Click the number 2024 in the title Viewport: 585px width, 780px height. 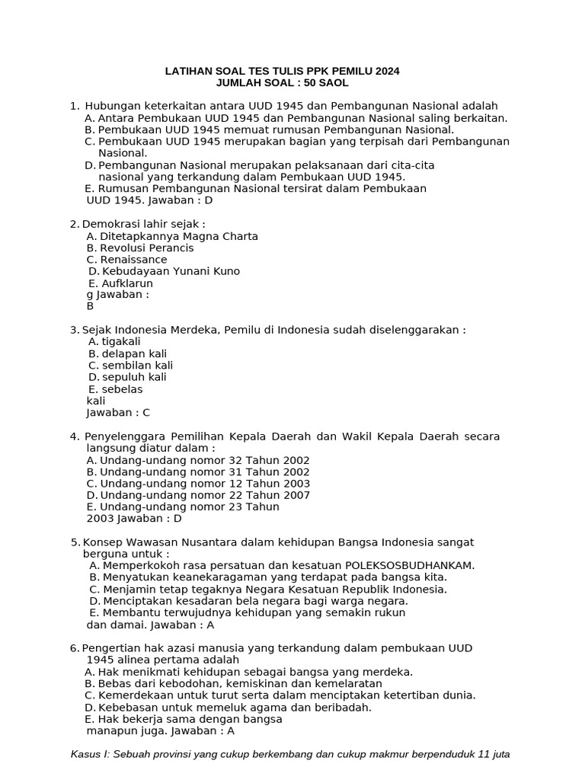click(385, 71)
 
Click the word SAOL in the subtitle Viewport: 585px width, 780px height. click(334, 82)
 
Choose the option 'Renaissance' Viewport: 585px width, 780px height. click(134, 260)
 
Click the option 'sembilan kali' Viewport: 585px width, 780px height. click(138, 366)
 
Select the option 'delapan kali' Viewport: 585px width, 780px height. click(134, 353)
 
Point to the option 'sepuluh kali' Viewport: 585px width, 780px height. click(134, 377)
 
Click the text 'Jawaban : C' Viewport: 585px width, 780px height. click(118, 413)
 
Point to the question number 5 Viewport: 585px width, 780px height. click(75, 542)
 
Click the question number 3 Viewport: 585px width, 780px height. click(74, 330)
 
